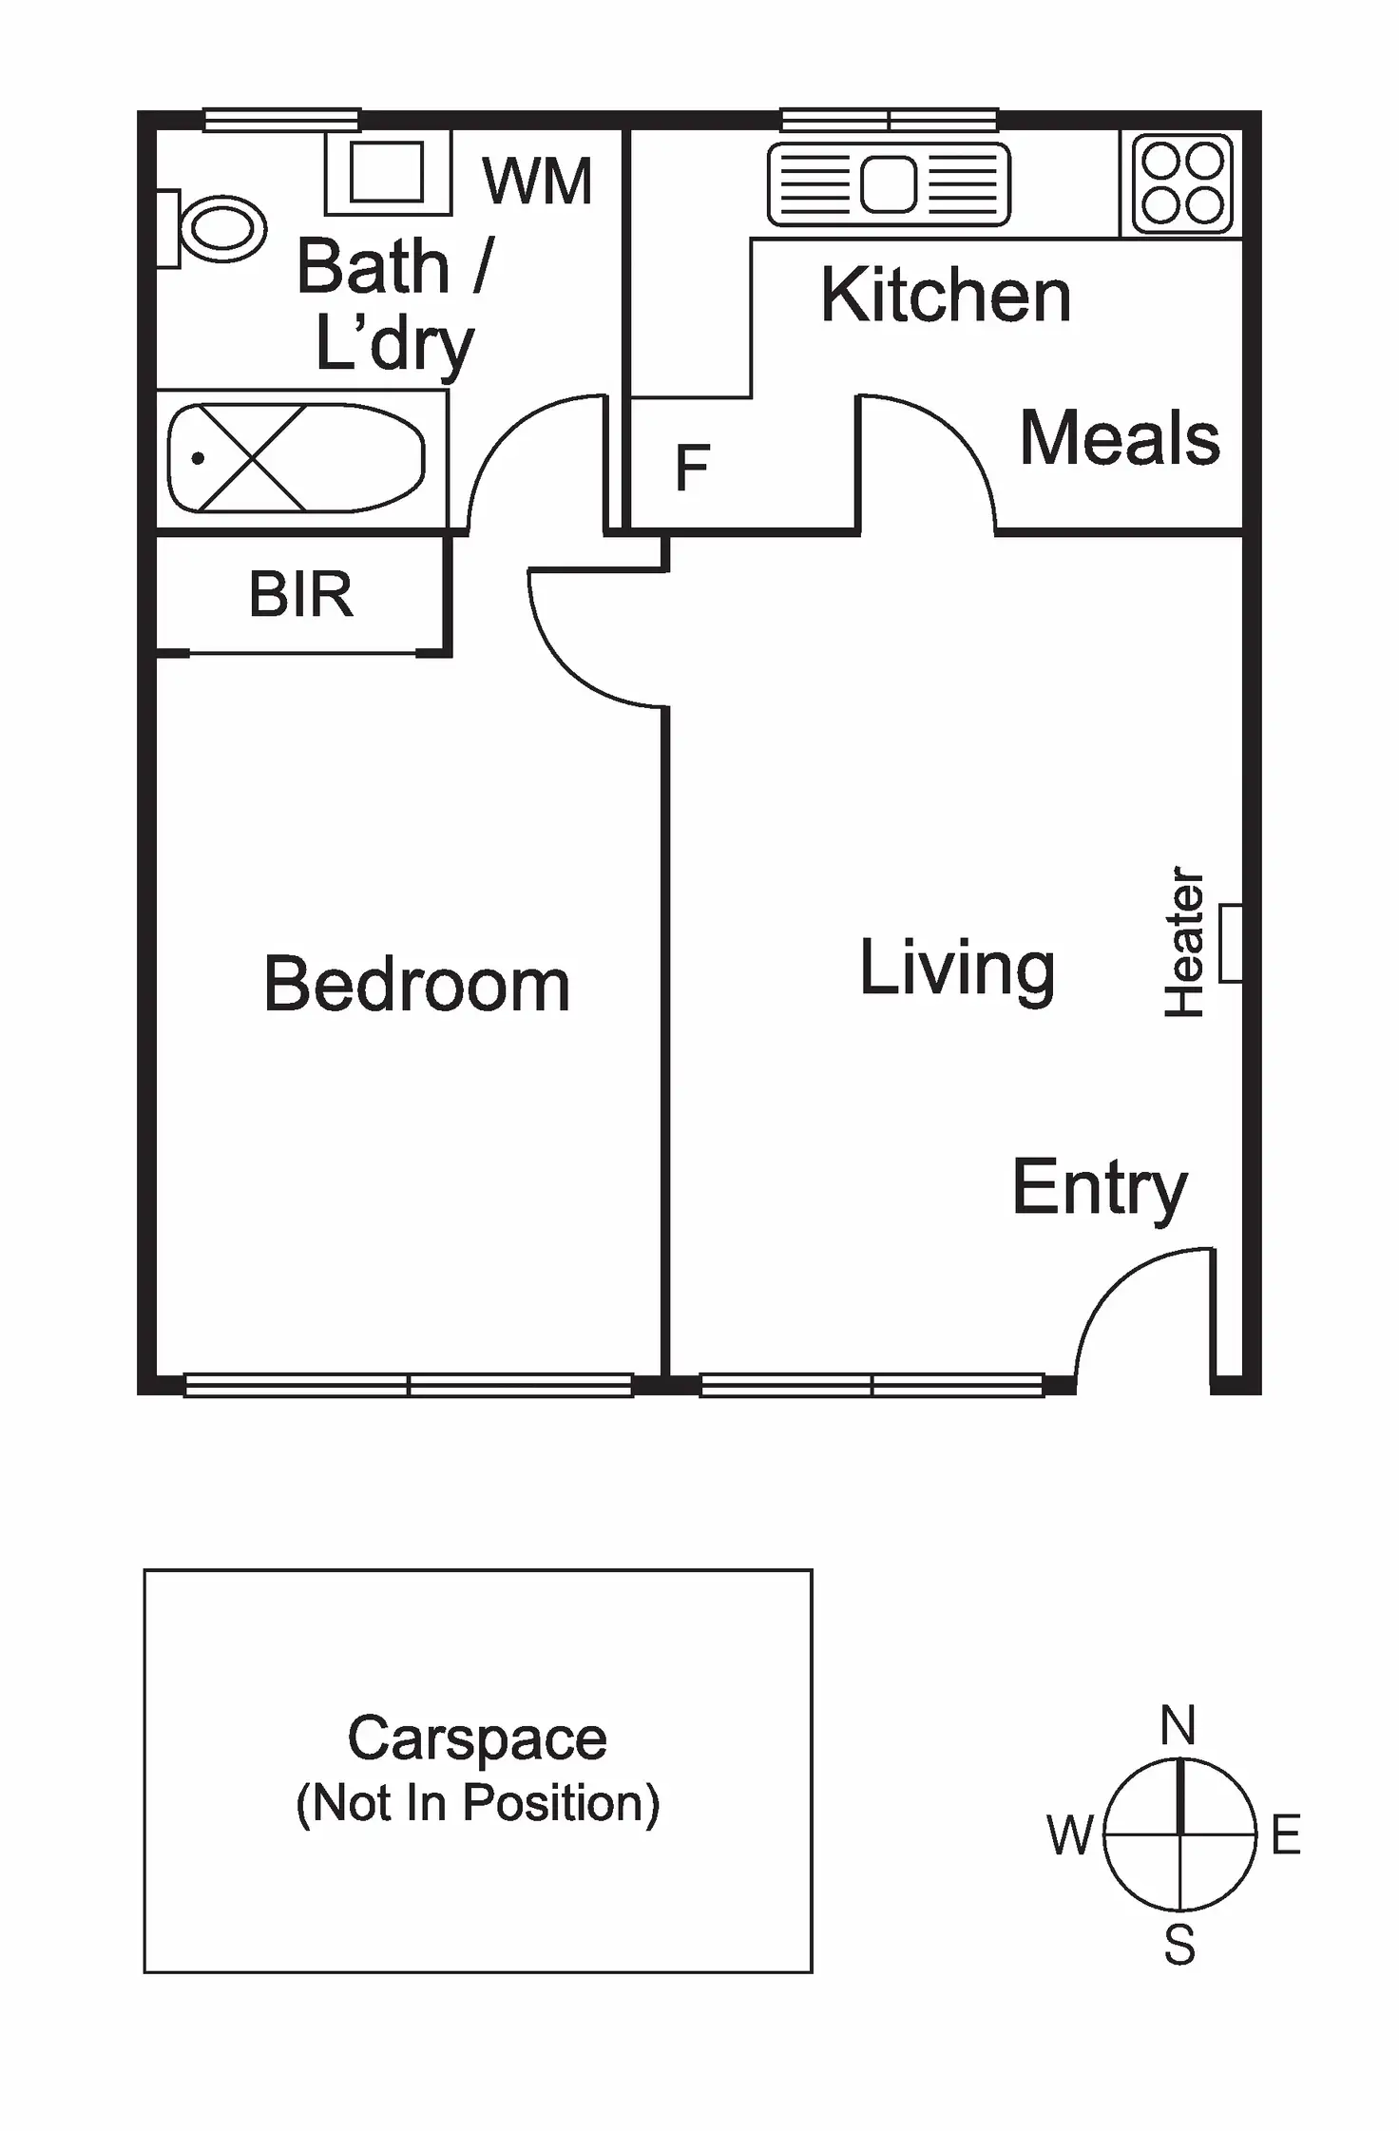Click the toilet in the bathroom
[220, 228]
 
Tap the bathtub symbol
[295, 458]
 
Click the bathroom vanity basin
[387, 172]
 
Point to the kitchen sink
[889, 183]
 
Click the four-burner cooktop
[1181, 182]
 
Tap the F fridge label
[692, 468]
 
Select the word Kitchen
[945, 295]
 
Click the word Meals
[1119, 438]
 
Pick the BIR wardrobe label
[300, 595]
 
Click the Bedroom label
[416, 985]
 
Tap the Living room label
[957, 968]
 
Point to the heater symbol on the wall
[1231, 943]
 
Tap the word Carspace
[477, 1738]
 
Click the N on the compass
[1178, 1725]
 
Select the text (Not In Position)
[477, 1803]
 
